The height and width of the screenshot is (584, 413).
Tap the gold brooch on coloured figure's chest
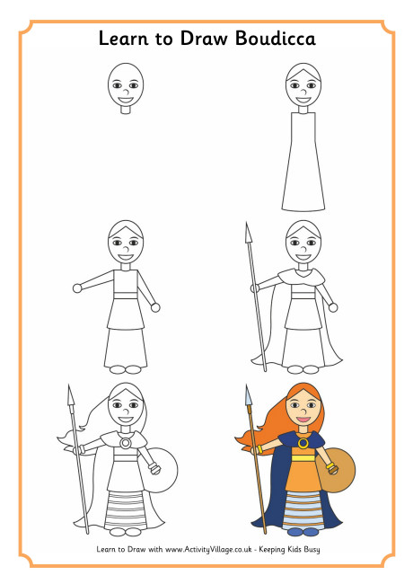303,442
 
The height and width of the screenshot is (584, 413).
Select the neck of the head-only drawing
125,111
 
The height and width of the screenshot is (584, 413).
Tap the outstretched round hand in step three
77,288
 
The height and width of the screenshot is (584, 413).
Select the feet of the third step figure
125,368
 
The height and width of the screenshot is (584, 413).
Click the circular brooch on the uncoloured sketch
125,442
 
